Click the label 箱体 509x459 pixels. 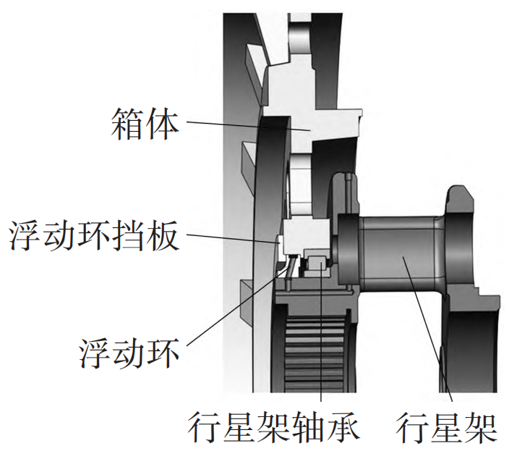coord(145,124)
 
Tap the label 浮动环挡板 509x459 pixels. coord(93,235)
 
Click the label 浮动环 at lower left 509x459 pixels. coord(129,353)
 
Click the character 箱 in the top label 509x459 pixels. coord(127,124)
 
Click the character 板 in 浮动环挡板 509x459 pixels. coord(162,235)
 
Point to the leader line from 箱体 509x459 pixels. coord(248,126)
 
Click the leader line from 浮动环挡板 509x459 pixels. coord(233,238)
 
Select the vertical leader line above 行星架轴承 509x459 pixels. coord(321,332)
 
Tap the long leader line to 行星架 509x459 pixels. coord(427,329)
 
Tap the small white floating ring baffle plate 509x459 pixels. coord(280,248)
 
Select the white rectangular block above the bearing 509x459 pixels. coord(307,235)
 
